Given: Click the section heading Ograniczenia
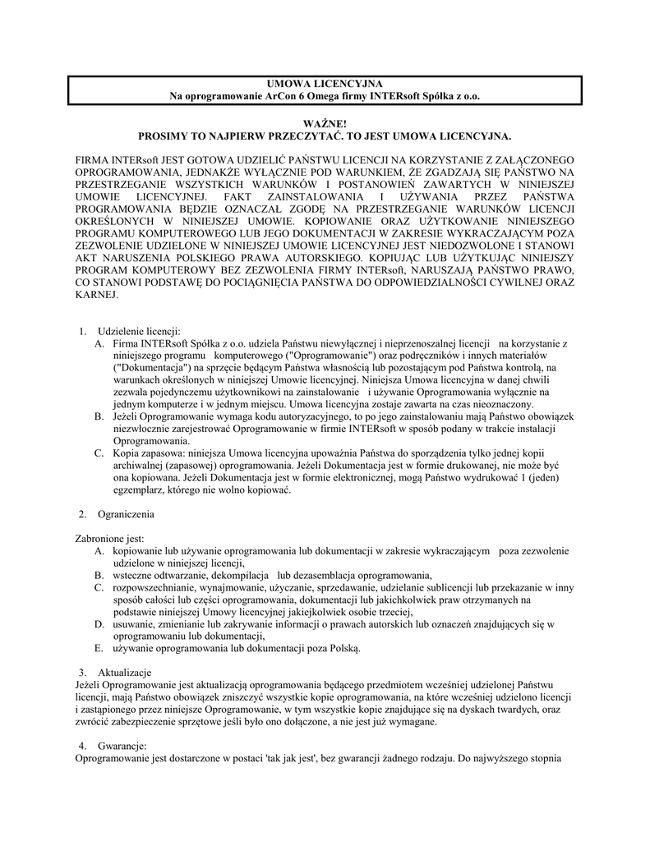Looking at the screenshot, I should point(126,514).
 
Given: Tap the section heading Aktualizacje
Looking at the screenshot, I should point(126,673).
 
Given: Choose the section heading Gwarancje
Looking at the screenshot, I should point(122,745).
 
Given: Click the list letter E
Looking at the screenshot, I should point(99,648).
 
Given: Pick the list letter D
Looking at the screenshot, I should point(99,624).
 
